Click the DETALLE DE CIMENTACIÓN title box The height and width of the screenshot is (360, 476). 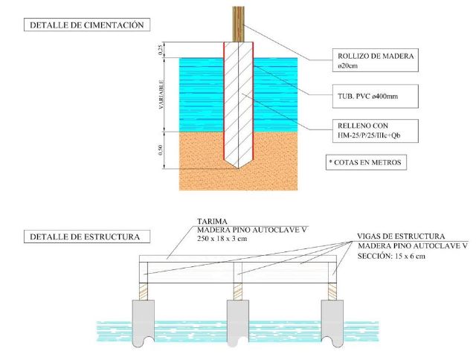pyautogui.click(x=85, y=25)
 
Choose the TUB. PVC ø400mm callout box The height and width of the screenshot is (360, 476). pyautogui.click(x=373, y=97)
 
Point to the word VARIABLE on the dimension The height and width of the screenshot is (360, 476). pyautogui.click(x=161, y=93)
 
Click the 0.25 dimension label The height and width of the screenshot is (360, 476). pyautogui.click(x=161, y=49)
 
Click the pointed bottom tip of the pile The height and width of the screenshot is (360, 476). pyautogui.click(x=238, y=165)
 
